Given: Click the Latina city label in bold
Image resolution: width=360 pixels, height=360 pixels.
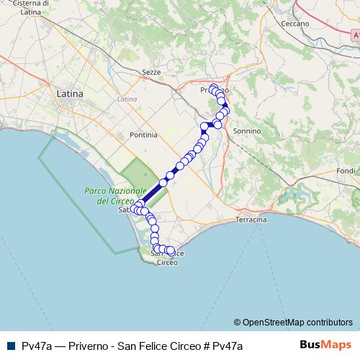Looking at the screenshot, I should tap(70, 94).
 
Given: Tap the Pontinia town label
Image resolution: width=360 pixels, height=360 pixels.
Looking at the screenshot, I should tap(143, 135).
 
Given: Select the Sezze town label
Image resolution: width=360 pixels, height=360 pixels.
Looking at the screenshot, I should tap(151, 73).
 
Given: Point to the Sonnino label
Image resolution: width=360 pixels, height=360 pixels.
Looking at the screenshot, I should tap(247, 131).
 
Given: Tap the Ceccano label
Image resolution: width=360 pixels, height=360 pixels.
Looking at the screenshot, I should tap(296, 24).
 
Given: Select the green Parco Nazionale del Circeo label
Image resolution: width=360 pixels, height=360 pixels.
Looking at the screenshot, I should tap(105, 196).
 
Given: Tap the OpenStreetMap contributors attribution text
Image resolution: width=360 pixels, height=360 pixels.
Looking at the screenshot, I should tap(297, 323).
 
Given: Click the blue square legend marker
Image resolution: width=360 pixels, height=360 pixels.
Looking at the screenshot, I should tap(9, 346).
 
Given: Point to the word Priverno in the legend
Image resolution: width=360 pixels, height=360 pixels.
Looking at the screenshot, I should tap(91, 346).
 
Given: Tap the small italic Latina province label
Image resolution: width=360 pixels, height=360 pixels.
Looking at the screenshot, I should tap(127, 99).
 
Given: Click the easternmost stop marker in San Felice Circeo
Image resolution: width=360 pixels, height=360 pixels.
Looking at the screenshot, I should tap(171, 251).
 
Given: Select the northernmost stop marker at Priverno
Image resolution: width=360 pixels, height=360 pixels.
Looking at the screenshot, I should tap(213, 87).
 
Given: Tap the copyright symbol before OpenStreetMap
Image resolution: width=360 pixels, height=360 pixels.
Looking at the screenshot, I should tap(238, 323).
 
